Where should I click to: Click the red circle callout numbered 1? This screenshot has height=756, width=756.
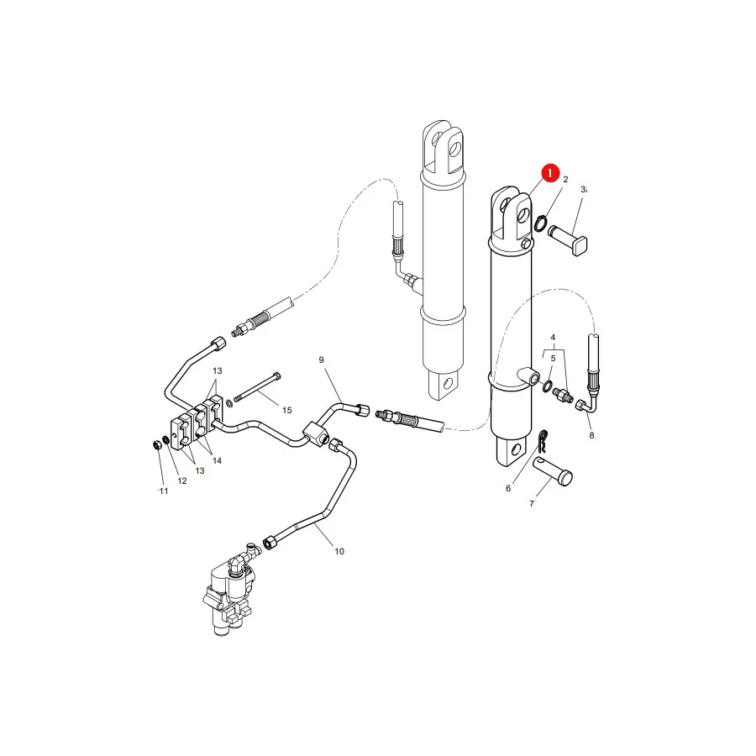tap(550, 172)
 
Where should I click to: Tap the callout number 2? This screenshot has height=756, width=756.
tap(565, 180)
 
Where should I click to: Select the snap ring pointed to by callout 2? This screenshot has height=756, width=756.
tap(540, 223)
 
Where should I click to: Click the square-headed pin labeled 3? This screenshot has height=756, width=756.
tap(569, 240)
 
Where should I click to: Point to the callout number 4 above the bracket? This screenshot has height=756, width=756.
tap(553, 338)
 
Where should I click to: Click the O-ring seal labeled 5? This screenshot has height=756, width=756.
tap(548, 386)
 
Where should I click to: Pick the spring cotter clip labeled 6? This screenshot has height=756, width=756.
tap(542, 441)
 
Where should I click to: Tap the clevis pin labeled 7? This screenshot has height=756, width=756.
tap(553, 471)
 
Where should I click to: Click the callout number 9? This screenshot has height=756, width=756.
tap(321, 360)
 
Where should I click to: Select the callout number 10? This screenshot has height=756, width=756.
tap(339, 551)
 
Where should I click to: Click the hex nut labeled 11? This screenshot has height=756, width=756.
tap(157, 445)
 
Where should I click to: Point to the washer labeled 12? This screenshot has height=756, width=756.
tap(166, 440)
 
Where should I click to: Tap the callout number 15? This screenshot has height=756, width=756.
tap(287, 410)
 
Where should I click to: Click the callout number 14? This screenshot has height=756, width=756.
tap(217, 461)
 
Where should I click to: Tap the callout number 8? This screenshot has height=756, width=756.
tap(591, 435)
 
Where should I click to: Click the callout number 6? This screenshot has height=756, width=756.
tap(508, 488)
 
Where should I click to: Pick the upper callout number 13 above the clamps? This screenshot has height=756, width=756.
tap(218, 370)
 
